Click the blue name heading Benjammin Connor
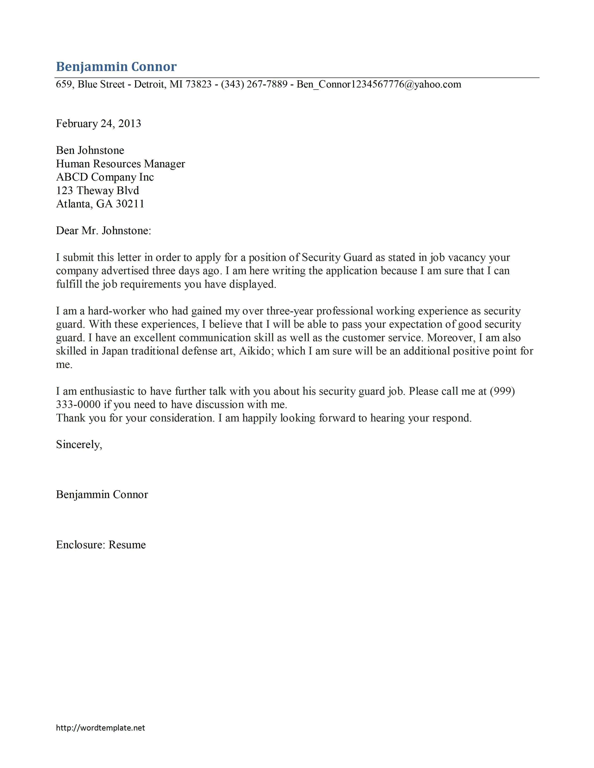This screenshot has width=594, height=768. [x=116, y=67]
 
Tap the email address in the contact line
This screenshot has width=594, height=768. [x=379, y=84]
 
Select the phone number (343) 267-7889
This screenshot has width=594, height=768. [x=254, y=84]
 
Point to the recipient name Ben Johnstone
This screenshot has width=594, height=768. [x=90, y=151]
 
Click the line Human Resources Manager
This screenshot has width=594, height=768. [x=120, y=164]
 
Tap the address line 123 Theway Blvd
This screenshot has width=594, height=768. [x=97, y=191]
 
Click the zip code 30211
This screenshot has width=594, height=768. [x=130, y=204]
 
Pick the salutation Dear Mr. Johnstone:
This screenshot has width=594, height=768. [x=103, y=231]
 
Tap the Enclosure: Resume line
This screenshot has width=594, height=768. [x=101, y=545]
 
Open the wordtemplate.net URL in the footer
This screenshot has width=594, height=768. [x=100, y=728]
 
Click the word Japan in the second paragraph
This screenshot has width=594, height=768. [x=115, y=351]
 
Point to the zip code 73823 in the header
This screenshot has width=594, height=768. [x=198, y=84]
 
